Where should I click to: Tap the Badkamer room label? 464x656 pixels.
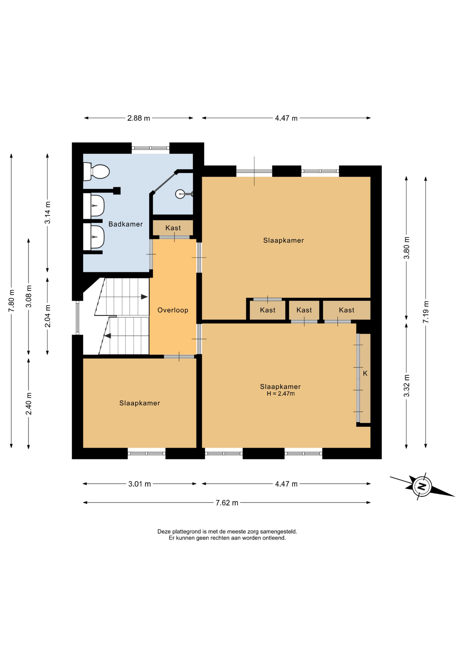pos(125,224)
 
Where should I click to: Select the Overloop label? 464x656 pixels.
pos(173,310)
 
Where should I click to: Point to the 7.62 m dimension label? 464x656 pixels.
pos(227,503)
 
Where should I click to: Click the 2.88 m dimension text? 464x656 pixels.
pos(139,118)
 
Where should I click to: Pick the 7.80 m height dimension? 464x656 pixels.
pos(11,300)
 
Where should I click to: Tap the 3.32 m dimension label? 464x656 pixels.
pos(406,386)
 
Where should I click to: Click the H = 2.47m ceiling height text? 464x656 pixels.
pos(281,394)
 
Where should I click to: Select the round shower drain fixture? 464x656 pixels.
pos(180,194)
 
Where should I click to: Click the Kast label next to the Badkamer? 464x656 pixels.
pos(173,228)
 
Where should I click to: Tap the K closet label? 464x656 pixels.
pos(365,373)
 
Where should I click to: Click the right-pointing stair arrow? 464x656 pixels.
pos(145,297)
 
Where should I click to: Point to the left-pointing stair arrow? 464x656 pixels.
pos(108,336)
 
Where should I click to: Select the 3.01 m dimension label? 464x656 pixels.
pos(139,484)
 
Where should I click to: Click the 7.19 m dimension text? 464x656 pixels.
pos(425,312)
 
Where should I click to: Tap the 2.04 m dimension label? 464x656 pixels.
pos(47,316)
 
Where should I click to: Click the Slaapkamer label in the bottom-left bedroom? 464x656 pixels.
pos(139,403)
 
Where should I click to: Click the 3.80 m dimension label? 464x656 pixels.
pos(406,248)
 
